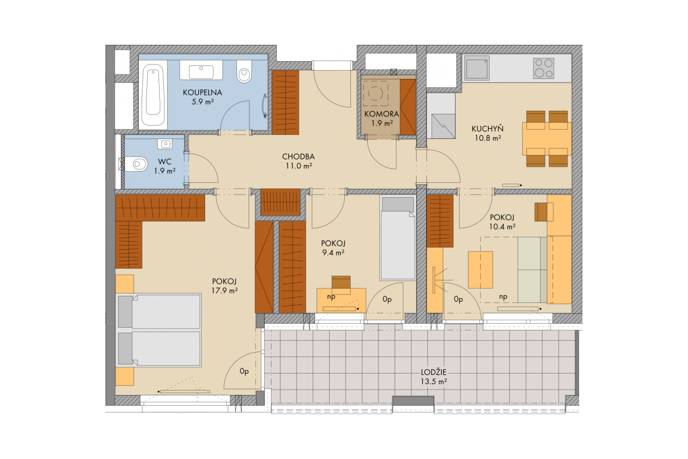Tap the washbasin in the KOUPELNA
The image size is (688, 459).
point(201,72)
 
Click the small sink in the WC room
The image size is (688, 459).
point(165,144)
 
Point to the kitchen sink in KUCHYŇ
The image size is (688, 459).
point(477,68)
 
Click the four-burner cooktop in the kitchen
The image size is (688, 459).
point(544,68)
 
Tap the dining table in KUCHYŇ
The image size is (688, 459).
point(547,139)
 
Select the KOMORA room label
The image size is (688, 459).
point(382,114)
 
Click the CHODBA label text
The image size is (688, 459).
point(298,157)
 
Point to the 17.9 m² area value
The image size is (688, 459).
point(224,290)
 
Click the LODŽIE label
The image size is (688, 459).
point(434,372)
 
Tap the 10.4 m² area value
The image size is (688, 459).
point(502,226)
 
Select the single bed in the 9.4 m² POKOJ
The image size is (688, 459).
point(398,238)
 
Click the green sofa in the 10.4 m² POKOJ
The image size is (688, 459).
point(532,270)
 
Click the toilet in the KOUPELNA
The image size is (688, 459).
point(244,71)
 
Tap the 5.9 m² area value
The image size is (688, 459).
point(203,102)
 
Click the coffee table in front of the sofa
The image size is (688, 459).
point(480,270)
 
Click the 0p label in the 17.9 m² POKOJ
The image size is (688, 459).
point(244,372)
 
